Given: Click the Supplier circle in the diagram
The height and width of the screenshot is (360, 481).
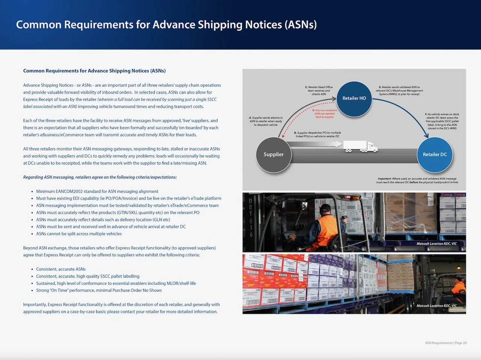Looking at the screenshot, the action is pyautogui.click(x=273, y=154).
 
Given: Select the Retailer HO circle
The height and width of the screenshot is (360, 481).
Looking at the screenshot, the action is pyautogui.click(x=354, y=98).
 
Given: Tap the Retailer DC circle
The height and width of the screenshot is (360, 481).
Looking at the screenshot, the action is pyautogui.click(x=434, y=154).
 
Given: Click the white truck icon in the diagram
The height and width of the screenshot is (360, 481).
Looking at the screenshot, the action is pyautogui.click(x=360, y=147).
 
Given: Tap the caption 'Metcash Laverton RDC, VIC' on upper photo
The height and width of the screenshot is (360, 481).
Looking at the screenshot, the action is pyautogui.click(x=436, y=244).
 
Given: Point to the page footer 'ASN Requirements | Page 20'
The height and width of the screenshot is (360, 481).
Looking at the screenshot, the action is pyautogui.click(x=446, y=343).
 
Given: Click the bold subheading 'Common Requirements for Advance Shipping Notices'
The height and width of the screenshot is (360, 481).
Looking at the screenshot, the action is pyautogui.click(x=94, y=71).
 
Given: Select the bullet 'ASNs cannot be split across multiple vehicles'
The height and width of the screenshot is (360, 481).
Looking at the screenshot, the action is pyautogui.click(x=79, y=234).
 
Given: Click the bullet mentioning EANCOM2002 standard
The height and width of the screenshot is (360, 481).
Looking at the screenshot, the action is pyautogui.click(x=97, y=191).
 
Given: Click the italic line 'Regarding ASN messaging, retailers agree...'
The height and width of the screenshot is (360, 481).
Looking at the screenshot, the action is pyautogui.click(x=100, y=177).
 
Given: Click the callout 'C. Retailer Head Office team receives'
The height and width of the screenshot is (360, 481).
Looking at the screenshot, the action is pyautogui.click(x=319, y=91).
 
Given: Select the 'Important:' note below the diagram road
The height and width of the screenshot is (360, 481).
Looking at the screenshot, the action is pyautogui.click(x=417, y=180).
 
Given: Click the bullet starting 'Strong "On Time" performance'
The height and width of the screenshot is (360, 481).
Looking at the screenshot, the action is pyautogui.click(x=99, y=290).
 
